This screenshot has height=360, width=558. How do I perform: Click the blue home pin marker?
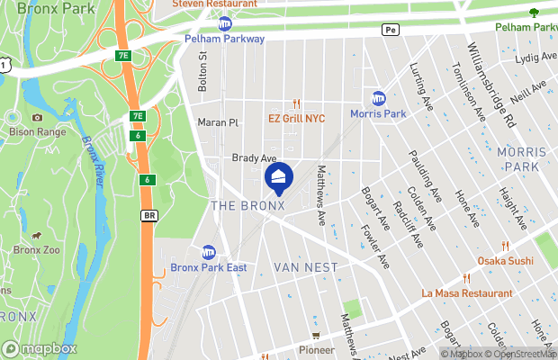[x=279, y=177]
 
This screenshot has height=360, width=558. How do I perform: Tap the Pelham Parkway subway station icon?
[x=224, y=23]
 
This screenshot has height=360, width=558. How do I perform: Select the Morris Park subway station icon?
[x=380, y=98]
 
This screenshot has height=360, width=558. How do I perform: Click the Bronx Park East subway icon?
[x=209, y=253]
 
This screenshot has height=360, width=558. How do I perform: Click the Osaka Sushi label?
[x=504, y=260]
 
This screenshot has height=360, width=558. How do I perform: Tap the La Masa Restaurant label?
[x=467, y=293]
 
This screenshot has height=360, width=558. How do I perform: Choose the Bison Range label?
[x=37, y=130]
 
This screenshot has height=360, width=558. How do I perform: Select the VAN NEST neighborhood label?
[x=306, y=267]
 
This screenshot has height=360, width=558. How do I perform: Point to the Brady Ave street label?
[x=254, y=157]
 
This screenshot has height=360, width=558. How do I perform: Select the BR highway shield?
[x=149, y=216]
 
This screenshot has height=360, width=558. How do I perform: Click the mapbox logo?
[x=40, y=347]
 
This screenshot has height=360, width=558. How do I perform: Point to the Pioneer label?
[x=316, y=349]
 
